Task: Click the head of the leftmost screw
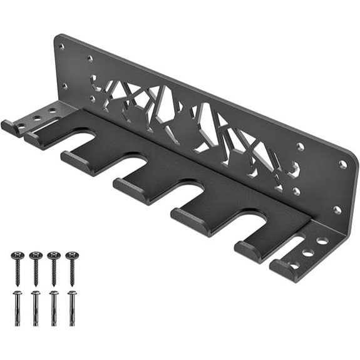pos(17,256)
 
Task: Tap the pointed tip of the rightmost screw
pos(72,285)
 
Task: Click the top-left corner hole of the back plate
pos(61,46)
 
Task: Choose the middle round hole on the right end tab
pos(309,253)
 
